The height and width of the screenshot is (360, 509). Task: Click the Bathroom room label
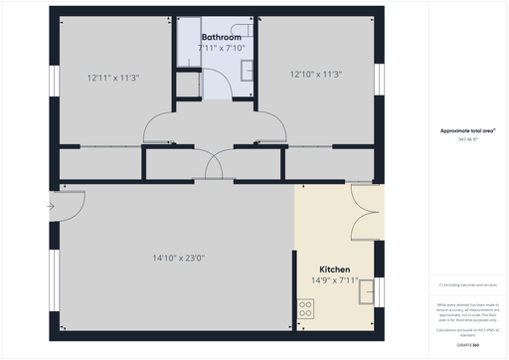coord(220,38)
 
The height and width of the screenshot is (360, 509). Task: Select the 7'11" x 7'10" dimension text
coord(220,48)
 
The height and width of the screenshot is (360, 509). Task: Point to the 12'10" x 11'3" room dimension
coord(316,74)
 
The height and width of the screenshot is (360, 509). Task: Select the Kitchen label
coord(334,270)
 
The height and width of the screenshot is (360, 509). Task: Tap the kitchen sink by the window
coord(367,292)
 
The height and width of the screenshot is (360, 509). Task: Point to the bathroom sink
coord(248,69)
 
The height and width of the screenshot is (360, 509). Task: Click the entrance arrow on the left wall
coord(50,207)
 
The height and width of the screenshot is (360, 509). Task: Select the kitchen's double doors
coord(365,214)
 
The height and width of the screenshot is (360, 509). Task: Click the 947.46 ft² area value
coord(467,139)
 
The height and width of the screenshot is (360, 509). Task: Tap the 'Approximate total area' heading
coord(467,130)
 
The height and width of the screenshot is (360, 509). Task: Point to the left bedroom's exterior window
coord(54,80)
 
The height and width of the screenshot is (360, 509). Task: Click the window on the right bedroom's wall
coord(378,80)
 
